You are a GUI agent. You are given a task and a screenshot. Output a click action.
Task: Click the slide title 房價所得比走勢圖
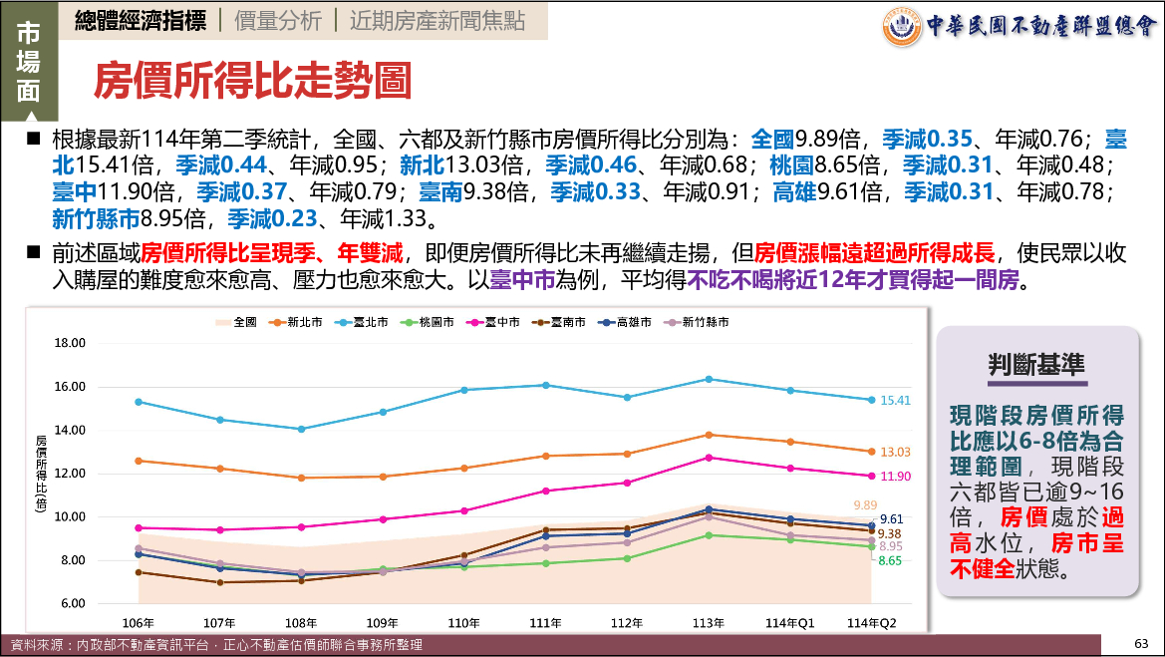[x=252, y=82]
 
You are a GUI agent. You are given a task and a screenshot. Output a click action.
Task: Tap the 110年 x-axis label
[x=464, y=622]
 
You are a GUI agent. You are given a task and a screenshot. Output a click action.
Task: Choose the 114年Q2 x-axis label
[x=871, y=622]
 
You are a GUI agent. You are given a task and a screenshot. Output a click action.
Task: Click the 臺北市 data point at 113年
[x=709, y=379]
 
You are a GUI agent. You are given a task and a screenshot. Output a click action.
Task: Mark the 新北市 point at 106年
[x=139, y=461]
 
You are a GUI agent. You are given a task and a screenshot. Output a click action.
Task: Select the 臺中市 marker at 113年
[x=709, y=458]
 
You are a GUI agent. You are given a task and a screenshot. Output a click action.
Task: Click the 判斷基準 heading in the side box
[x=1035, y=365]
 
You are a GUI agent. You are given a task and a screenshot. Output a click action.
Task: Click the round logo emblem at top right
[x=903, y=27]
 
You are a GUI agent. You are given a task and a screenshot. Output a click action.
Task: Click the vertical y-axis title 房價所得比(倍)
[x=41, y=473]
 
